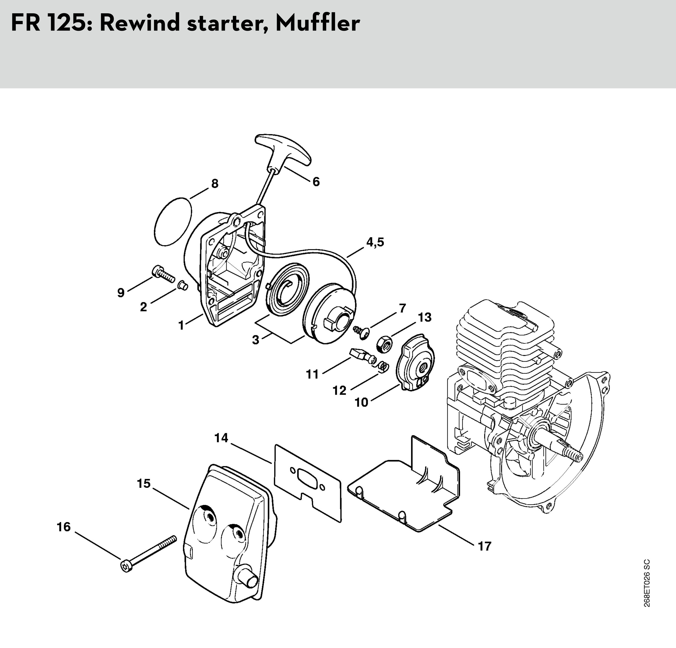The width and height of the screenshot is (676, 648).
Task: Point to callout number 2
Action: pyautogui.click(x=144, y=307)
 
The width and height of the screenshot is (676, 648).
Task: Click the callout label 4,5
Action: pyautogui.click(x=375, y=242)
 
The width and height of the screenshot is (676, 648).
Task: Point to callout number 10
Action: pyautogui.click(x=361, y=402)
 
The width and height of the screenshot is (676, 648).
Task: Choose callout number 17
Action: pyautogui.click(x=484, y=546)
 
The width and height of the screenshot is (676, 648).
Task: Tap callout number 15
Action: pyautogui.click(x=144, y=483)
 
